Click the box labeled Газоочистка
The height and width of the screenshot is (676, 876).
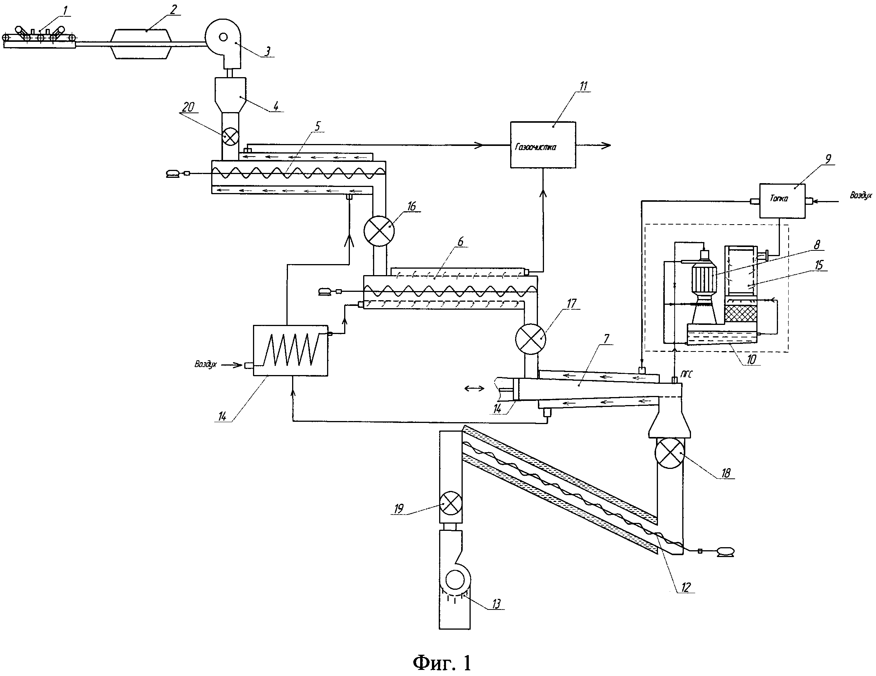click(543, 145)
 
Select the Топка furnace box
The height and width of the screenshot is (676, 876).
click(782, 201)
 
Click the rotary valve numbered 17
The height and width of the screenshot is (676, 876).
click(530, 339)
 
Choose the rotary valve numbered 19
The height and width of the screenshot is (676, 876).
click(451, 503)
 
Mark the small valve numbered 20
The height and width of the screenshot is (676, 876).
click(230, 137)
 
